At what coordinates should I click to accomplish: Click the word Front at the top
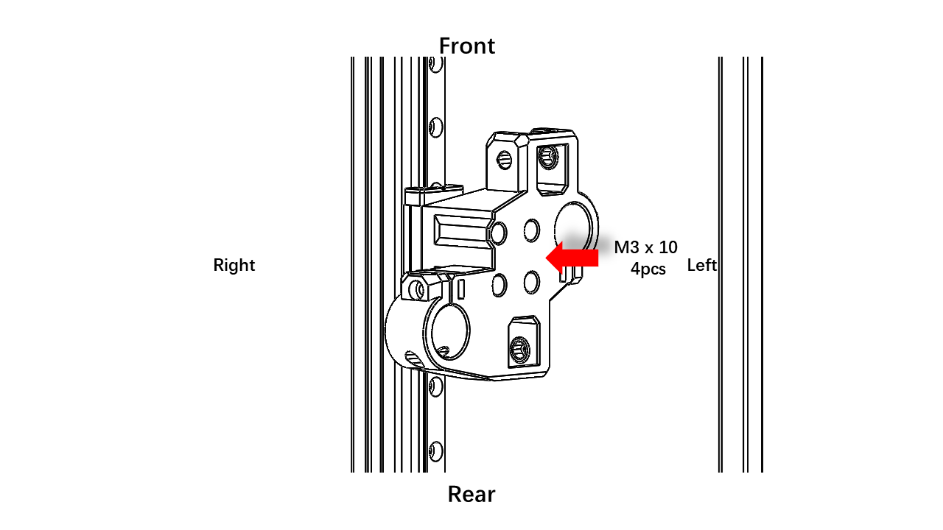pos(467,46)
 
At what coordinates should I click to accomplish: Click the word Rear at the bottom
pos(471,494)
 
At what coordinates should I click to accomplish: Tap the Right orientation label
pos(234,266)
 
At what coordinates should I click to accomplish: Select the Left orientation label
pos(702,265)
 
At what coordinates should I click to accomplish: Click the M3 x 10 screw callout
pos(646,247)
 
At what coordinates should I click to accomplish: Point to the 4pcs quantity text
pos(648,269)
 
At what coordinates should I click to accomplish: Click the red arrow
pos(572,258)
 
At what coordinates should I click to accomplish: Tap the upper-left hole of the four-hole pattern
pos(499,233)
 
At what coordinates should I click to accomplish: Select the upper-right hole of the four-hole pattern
pos(532,230)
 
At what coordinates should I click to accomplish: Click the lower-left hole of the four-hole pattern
pos(499,284)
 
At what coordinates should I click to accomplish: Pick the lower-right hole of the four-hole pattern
pos(532,282)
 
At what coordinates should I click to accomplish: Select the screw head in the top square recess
pos(547,158)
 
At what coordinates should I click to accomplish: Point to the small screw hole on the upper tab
pos(505,160)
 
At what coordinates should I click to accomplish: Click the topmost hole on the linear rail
pos(435,64)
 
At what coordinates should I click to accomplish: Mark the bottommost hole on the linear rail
pos(435,451)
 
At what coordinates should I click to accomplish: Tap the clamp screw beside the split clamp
pos(418,290)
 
